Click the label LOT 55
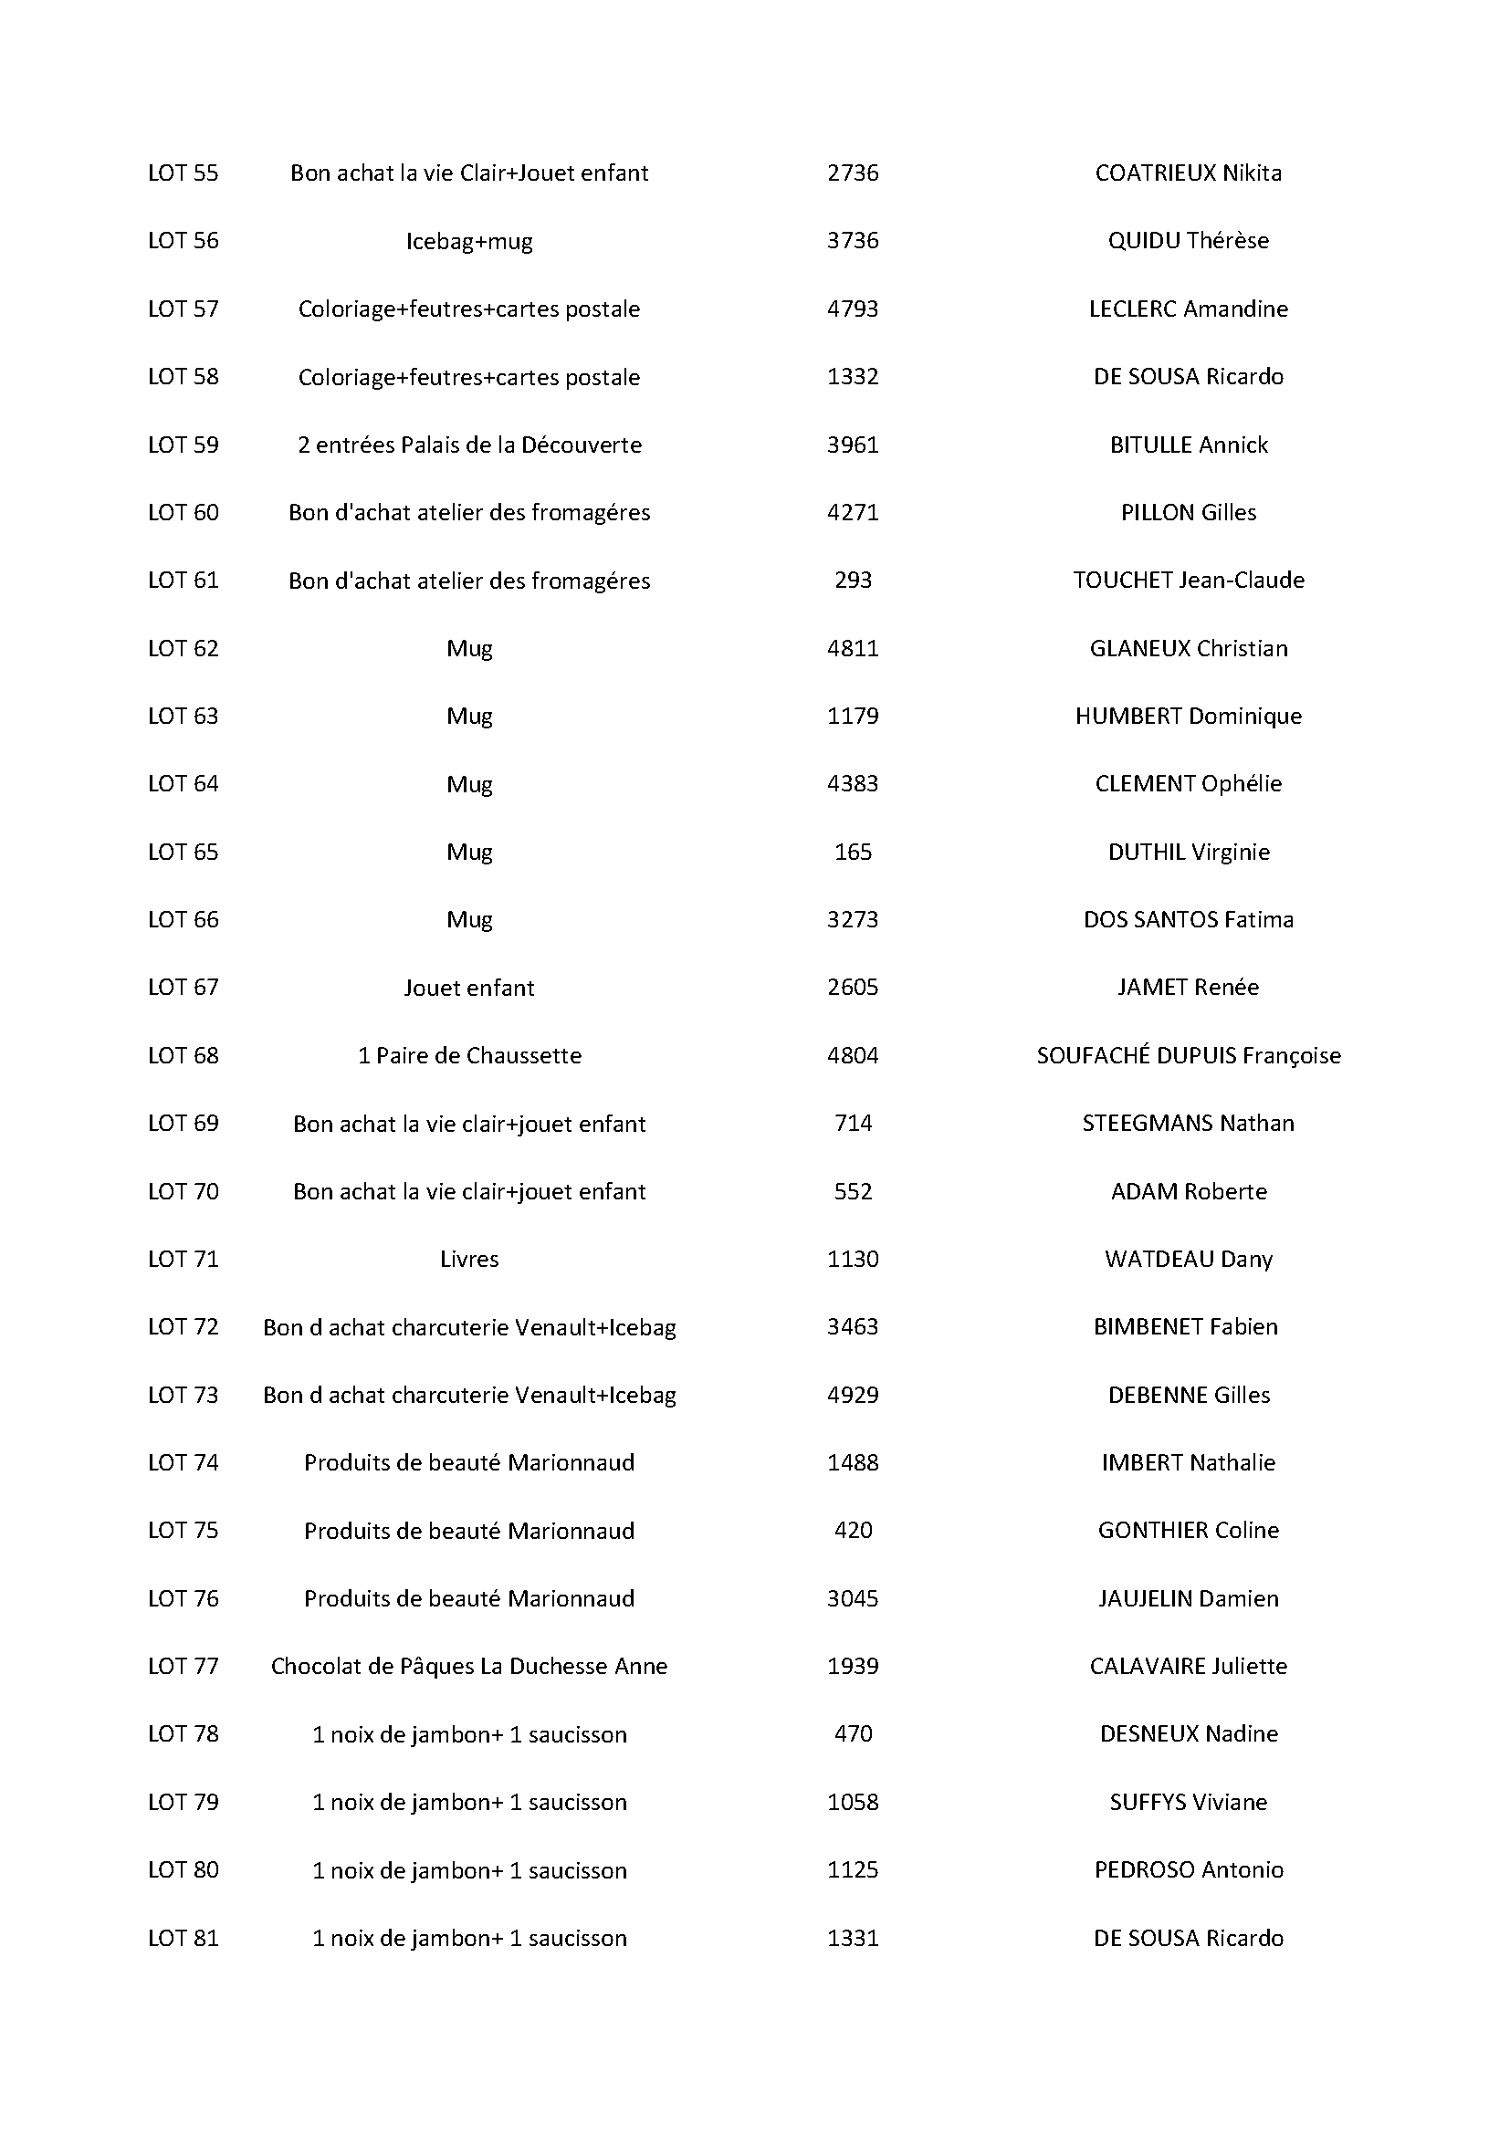coord(184,173)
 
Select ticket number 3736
coord(853,241)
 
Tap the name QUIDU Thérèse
coord(1189,241)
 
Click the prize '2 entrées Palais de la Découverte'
coord(469,445)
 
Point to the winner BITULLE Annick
coord(1189,445)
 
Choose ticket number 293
coord(853,581)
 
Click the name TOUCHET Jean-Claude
coord(1189,581)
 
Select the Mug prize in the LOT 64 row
coord(469,784)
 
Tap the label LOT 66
coord(184,920)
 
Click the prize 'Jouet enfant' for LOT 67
coord(469,988)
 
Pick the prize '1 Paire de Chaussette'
coord(469,1055)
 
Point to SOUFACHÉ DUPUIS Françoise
coord(1189,1055)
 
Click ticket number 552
coord(853,1191)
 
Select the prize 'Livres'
coord(469,1259)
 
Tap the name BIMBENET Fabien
coord(1186,1327)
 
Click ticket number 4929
coord(853,1395)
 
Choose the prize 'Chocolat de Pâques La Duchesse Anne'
coord(469,1667)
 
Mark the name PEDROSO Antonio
coord(1189,1870)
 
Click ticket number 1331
coord(853,1938)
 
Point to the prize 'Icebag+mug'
coord(469,242)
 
